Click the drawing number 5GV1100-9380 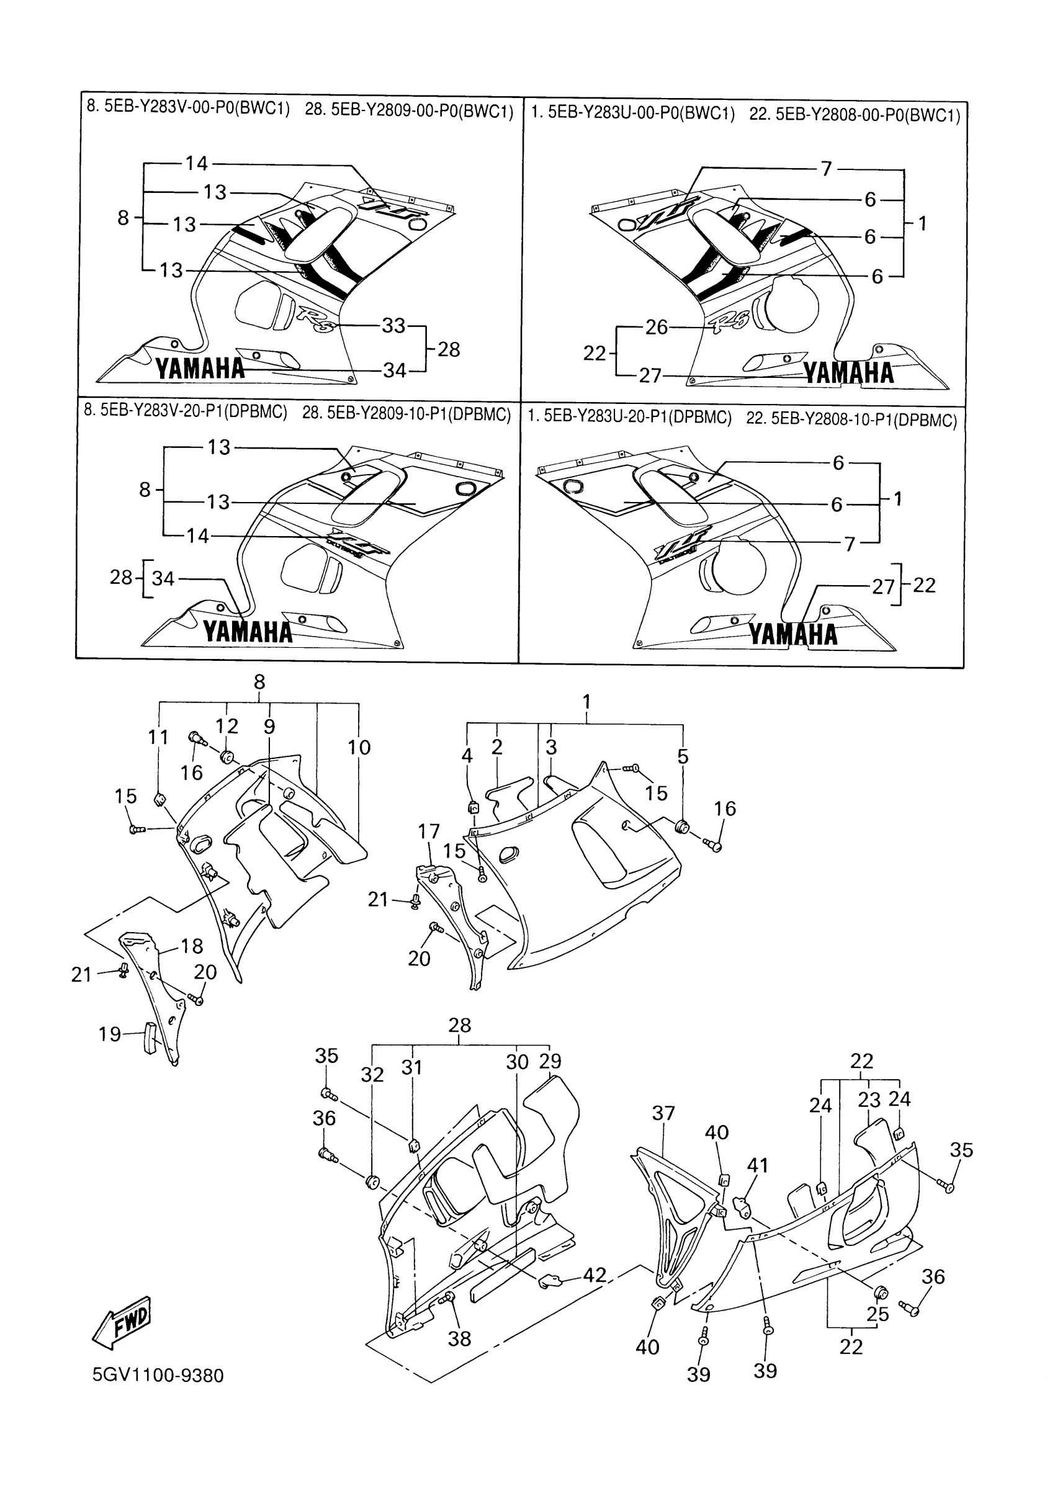tap(158, 1375)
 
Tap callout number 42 tap(595, 1275)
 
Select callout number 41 tap(758, 1165)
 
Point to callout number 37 tap(663, 1113)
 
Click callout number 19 tap(110, 1034)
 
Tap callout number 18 tap(192, 946)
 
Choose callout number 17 tap(429, 831)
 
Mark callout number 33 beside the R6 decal tap(393, 325)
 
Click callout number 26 tap(657, 327)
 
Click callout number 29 tap(550, 1061)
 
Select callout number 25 tap(878, 1314)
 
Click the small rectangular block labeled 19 tap(150, 1039)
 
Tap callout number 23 tap(869, 1100)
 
